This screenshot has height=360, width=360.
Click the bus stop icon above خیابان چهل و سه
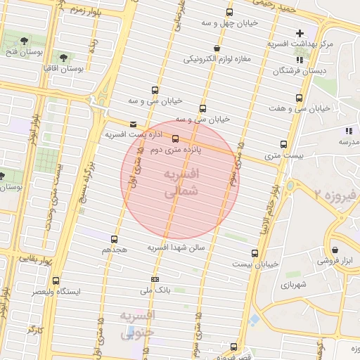(x=229, y=12)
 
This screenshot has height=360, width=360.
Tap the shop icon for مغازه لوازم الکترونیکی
(x=216, y=48)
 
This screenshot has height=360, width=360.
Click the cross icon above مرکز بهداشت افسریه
(x=300, y=33)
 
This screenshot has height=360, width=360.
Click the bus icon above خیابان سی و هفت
(x=300, y=98)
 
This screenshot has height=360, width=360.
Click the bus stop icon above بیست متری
(x=283, y=143)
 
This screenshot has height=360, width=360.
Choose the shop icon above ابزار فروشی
(x=335, y=250)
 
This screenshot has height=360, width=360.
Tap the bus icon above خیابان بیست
(x=254, y=252)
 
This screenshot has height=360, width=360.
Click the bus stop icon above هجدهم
(x=115, y=240)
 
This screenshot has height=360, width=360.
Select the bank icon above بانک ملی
(x=154, y=279)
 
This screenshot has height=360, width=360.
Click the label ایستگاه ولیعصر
(x=57, y=290)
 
